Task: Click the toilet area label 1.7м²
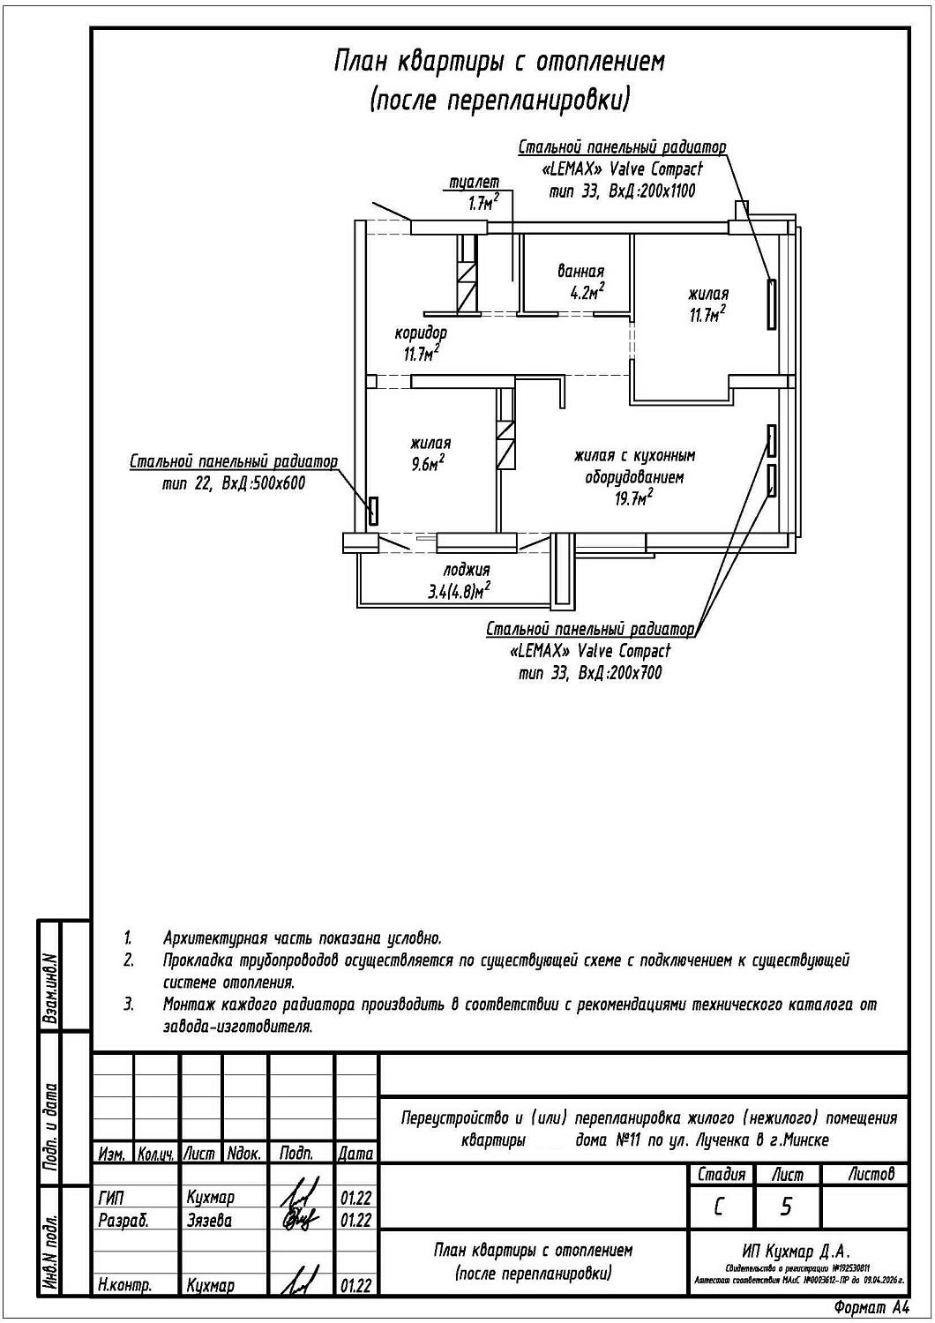click(x=483, y=204)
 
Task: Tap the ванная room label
click(x=580, y=272)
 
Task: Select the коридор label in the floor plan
click(x=420, y=333)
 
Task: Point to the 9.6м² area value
click(x=427, y=464)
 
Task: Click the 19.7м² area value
click(x=634, y=499)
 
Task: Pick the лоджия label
click(x=466, y=571)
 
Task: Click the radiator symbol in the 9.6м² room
click(x=373, y=511)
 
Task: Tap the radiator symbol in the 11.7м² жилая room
click(x=772, y=304)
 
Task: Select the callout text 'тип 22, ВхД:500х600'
click(x=234, y=483)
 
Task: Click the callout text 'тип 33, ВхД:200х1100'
click(x=622, y=191)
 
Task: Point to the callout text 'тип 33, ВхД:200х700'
click(x=590, y=673)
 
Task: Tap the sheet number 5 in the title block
click(x=786, y=1207)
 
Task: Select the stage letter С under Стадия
click(x=719, y=1207)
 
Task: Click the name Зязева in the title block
click(x=209, y=1221)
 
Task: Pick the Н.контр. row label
click(x=124, y=1286)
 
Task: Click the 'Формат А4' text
click(x=871, y=1307)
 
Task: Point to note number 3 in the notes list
click(x=129, y=1004)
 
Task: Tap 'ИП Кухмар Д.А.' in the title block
click(x=797, y=1251)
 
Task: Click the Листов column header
click(x=871, y=1174)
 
